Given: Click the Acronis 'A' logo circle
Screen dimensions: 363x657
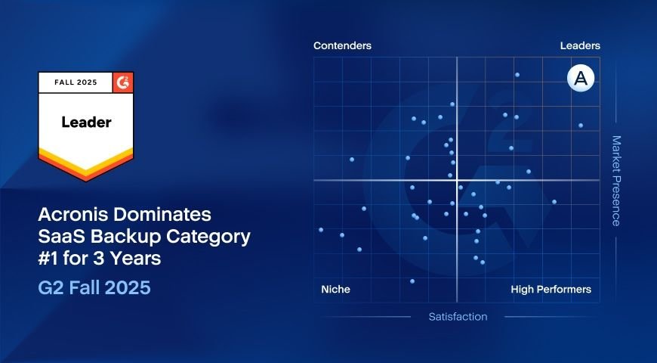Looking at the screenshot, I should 581,79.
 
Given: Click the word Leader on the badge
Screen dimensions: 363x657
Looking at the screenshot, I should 86,122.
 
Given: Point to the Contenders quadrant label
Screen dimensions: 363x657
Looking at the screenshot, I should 342,46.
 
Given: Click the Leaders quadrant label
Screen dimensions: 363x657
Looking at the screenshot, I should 580,46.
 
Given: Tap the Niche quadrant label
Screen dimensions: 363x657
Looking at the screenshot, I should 335,290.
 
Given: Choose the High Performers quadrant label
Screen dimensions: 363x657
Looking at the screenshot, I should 551,290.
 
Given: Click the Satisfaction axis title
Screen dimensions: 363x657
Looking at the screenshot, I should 458,317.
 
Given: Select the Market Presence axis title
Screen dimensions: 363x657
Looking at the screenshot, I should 616,181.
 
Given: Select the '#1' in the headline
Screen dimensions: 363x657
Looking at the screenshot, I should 50,259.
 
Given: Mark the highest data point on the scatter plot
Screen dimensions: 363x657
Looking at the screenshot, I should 517,75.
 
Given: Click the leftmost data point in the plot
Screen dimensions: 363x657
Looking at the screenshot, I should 321,229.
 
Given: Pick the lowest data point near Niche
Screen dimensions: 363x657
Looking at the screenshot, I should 412,281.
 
